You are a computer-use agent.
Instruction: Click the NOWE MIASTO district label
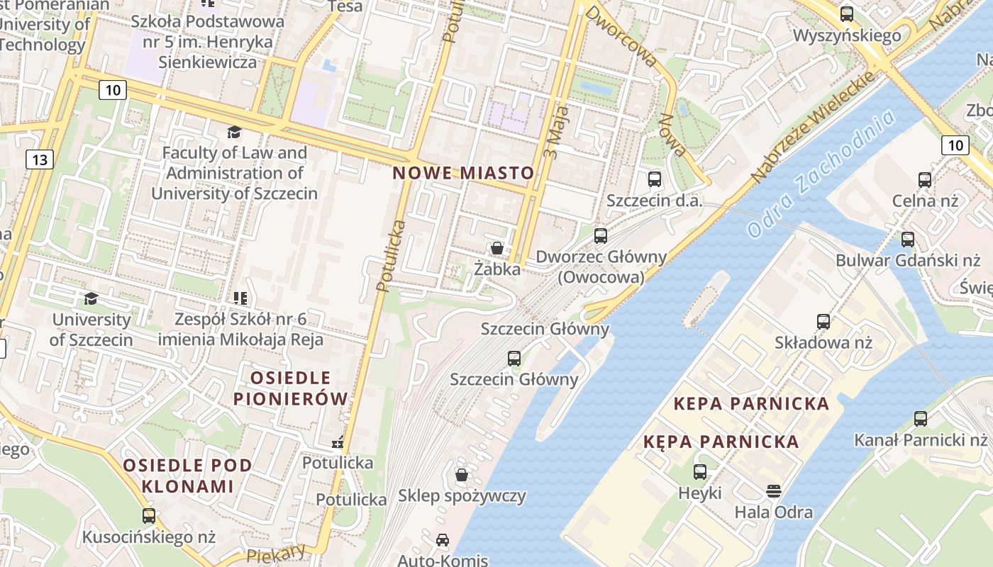(463, 173)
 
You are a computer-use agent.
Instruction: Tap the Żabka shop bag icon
(497, 248)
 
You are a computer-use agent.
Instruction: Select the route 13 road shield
(39, 159)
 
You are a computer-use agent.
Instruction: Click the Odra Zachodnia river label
(821, 176)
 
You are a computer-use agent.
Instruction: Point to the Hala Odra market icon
(773, 490)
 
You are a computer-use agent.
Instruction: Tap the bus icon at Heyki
(700, 471)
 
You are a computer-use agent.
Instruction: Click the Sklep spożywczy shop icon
(462, 474)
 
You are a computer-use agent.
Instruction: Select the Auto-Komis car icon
(443, 540)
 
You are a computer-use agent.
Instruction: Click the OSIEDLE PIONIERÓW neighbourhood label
(291, 388)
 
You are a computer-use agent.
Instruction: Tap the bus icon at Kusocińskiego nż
(149, 516)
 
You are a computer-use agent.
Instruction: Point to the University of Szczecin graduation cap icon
(91, 298)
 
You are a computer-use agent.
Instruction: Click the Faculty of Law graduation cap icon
(234, 132)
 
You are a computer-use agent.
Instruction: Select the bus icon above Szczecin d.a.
(655, 179)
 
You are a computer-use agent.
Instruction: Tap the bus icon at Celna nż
(925, 180)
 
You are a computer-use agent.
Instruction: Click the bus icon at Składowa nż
(823, 322)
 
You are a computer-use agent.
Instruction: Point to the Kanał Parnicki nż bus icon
(921, 419)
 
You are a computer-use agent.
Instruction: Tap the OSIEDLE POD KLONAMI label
(187, 476)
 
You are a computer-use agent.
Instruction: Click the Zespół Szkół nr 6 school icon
(240, 298)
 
